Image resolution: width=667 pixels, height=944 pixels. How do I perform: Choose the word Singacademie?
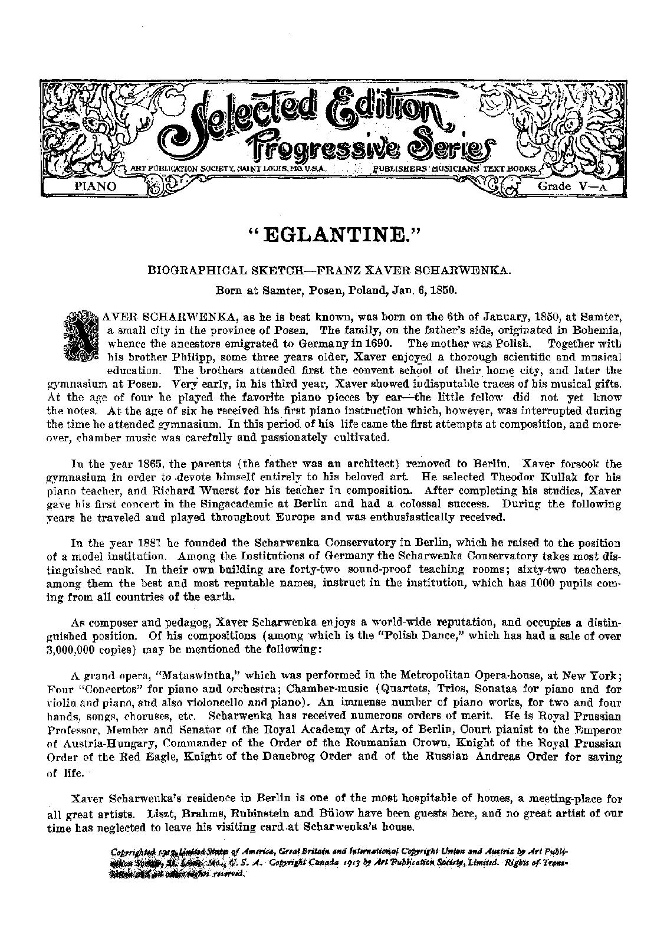point(232,505)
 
